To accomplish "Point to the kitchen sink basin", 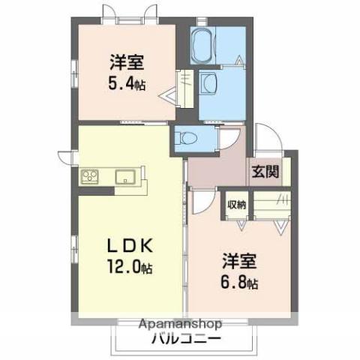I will click(125, 178).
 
